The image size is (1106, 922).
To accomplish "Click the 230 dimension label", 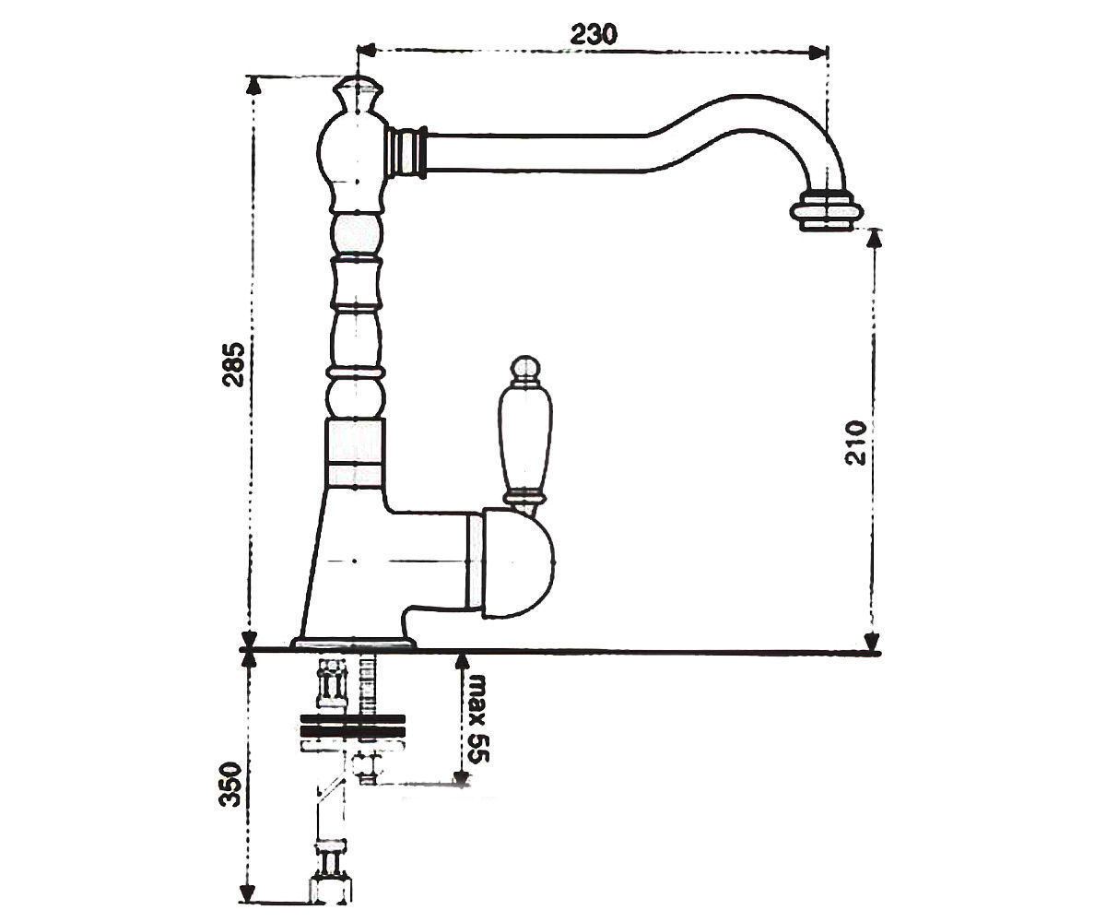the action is (594, 35).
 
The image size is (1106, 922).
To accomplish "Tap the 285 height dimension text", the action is (233, 364).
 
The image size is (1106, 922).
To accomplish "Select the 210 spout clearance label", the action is (855, 443).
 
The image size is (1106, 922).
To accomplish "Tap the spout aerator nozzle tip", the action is (827, 216).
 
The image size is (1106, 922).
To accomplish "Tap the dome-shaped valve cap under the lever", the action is (518, 562).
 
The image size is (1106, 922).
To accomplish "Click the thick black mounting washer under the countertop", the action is (353, 726).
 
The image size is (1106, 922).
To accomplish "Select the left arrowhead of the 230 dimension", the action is (366, 51).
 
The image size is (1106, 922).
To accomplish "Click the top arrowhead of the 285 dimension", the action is (254, 85).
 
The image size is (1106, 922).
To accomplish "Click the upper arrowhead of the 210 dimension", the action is (874, 238).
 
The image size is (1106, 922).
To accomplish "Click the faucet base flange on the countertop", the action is (353, 644).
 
